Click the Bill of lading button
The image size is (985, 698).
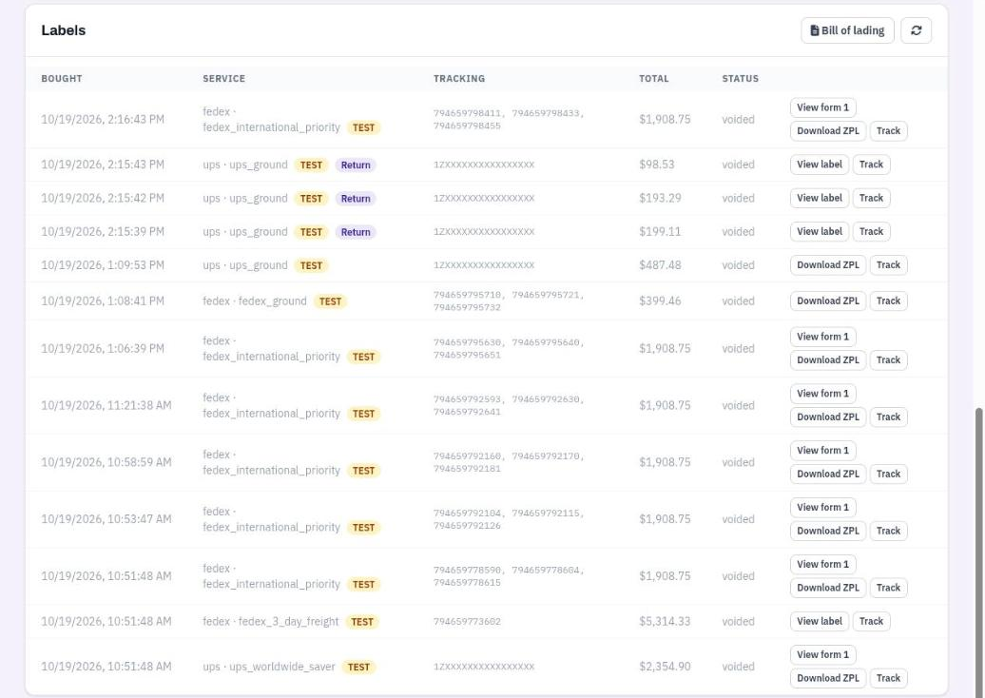[x=847, y=30]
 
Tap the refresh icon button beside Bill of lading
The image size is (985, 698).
[x=916, y=30]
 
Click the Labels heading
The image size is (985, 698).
[x=64, y=30]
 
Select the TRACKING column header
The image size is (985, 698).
[x=459, y=79]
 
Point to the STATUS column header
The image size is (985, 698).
[x=740, y=79]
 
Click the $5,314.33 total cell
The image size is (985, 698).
[x=665, y=621]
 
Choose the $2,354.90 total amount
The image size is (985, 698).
[x=665, y=667]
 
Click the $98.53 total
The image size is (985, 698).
[x=656, y=165]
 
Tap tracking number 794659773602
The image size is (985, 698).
[x=467, y=621]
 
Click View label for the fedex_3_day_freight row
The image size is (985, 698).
[x=820, y=621]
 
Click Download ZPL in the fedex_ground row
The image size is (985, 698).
[x=828, y=301]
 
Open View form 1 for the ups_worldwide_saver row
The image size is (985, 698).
[x=822, y=654]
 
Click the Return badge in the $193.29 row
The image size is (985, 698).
[x=356, y=199]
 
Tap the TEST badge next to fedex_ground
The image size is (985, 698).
[x=330, y=301]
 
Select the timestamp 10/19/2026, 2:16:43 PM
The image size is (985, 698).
[x=103, y=120]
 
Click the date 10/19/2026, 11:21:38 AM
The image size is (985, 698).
[x=106, y=406]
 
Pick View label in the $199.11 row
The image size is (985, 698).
[x=820, y=232]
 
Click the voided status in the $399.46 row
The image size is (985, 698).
[x=738, y=301]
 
